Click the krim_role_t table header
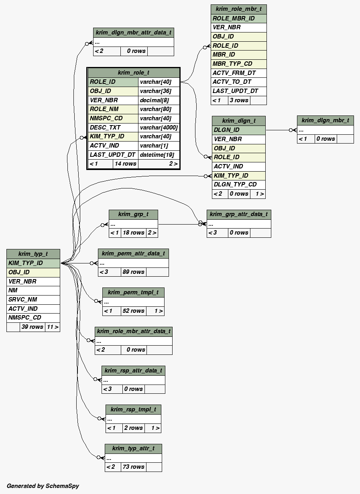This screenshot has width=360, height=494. (133, 73)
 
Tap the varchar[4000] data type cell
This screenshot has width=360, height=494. (159, 128)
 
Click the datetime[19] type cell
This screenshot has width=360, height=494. (157, 155)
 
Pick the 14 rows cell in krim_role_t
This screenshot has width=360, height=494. (125, 164)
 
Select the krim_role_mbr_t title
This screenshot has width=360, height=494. (238, 9)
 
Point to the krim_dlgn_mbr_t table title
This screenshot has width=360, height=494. (325, 120)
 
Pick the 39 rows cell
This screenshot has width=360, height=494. (32, 327)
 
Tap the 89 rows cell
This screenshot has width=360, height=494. (133, 272)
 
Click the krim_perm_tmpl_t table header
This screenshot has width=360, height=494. (133, 292)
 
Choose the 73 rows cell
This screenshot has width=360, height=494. (133, 467)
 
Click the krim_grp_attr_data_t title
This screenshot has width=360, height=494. (239, 214)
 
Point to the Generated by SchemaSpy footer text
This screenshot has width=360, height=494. (43, 486)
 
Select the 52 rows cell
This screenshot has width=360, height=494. (133, 311)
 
